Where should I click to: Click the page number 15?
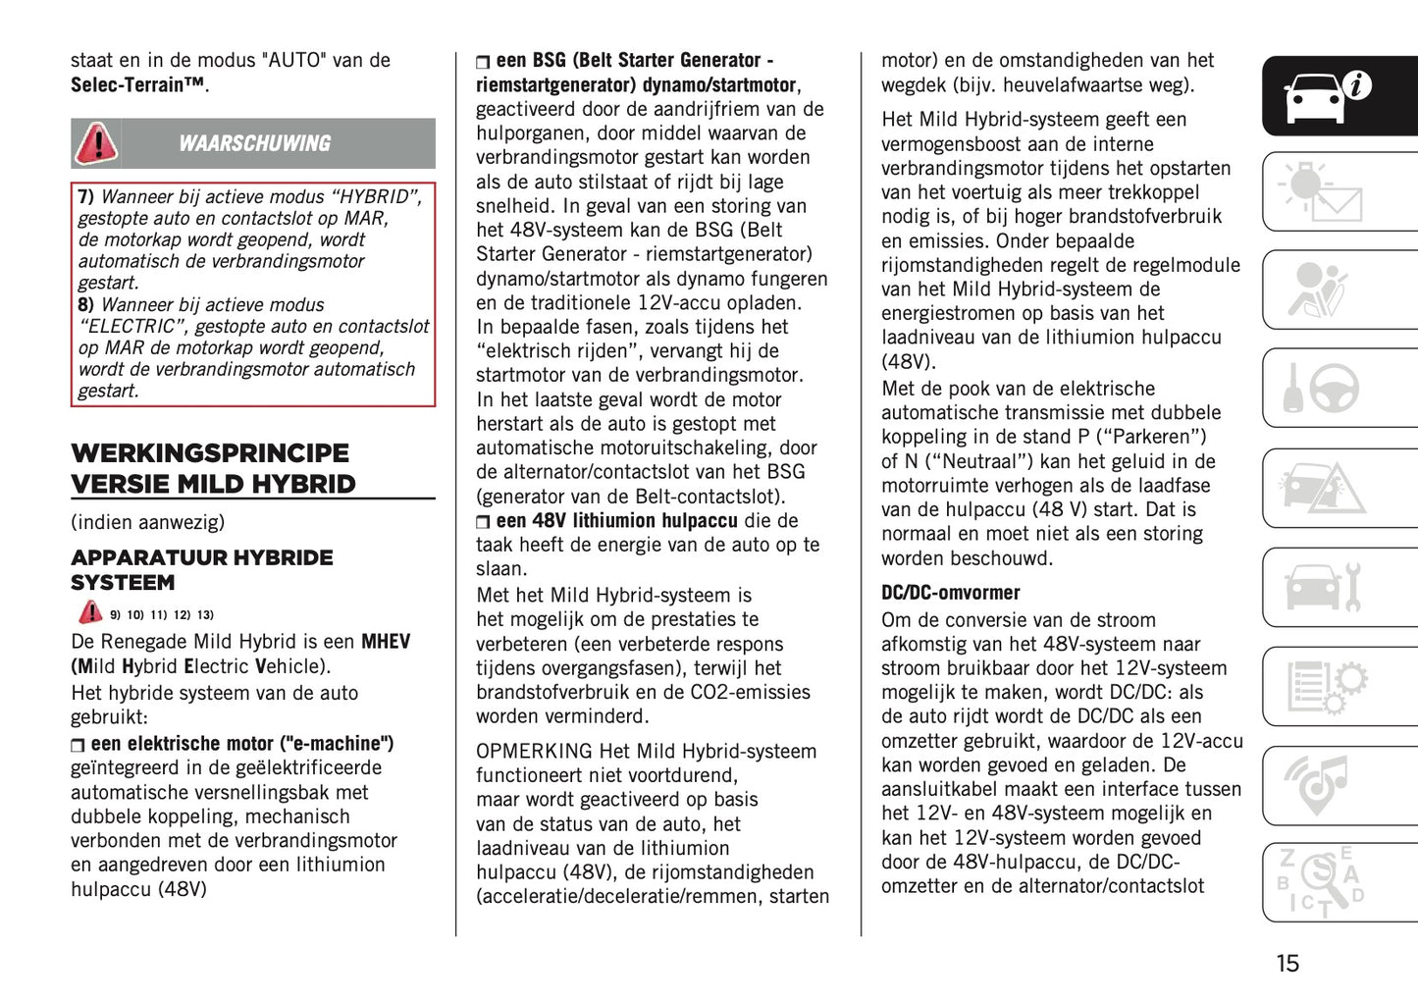point(1287,964)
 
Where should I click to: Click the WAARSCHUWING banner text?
point(254,143)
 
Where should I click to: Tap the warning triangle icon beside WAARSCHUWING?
point(96,143)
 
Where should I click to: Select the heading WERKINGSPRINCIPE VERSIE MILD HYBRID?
point(213,469)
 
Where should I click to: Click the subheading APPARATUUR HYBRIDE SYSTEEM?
point(201,570)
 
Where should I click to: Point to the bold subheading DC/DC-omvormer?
point(950,593)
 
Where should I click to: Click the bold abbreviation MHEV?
point(386,642)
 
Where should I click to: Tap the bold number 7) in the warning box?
point(86,197)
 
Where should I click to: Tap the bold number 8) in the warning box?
point(86,305)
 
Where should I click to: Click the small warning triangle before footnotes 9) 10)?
point(90,612)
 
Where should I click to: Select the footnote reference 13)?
point(205,615)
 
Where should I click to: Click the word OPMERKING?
point(534,752)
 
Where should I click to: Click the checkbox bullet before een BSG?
point(483,62)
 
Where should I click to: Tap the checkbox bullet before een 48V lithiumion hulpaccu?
point(483,522)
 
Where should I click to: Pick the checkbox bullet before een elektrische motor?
point(78,746)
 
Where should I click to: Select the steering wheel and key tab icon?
point(1321,389)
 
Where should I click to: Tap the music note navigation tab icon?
point(1321,785)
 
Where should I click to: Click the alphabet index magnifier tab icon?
point(1321,882)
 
